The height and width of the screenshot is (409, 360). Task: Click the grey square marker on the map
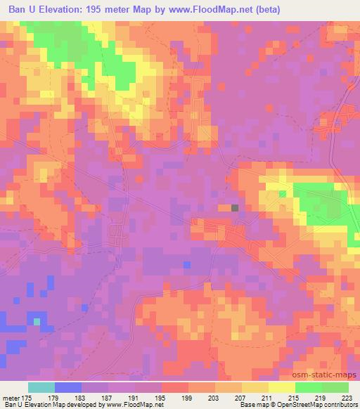pos(235,208)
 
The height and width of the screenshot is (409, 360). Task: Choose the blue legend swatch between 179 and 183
pos(67,387)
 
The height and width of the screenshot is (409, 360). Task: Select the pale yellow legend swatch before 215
pos(282,387)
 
